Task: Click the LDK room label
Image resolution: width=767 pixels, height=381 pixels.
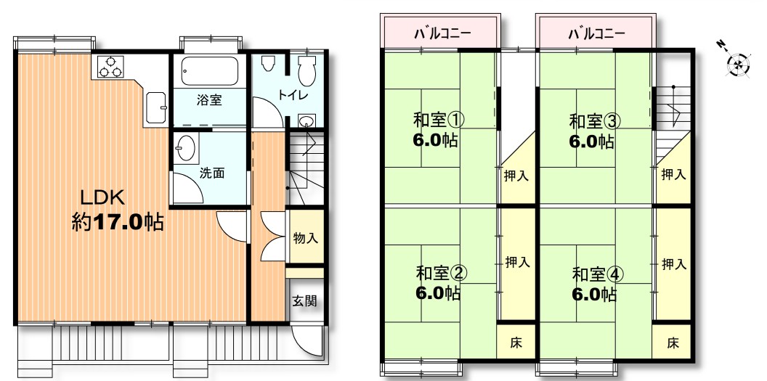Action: tap(103, 198)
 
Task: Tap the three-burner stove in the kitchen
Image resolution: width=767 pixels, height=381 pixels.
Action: tap(110, 66)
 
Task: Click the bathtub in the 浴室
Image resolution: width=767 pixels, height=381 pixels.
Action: tap(210, 71)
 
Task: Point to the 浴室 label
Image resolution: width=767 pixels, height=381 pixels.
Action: tap(209, 101)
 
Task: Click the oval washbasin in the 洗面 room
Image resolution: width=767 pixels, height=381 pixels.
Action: tap(187, 147)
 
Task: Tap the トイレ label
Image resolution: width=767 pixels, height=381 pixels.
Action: tap(293, 95)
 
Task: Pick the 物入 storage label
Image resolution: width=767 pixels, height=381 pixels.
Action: tap(306, 238)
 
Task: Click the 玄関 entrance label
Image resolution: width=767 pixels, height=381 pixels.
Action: tap(305, 301)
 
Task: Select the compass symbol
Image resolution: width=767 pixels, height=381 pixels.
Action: tap(736, 62)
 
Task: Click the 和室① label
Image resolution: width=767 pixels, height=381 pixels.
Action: tap(439, 120)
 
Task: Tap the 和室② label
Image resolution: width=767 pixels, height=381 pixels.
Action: tap(442, 273)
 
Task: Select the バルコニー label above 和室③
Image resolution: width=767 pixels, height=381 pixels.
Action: tap(597, 33)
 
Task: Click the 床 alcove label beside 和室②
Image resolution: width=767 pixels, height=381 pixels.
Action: tap(516, 343)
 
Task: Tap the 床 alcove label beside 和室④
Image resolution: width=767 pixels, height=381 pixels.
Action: tap(673, 343)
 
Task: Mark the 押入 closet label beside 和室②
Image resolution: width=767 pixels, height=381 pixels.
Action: tap(518, 262)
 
